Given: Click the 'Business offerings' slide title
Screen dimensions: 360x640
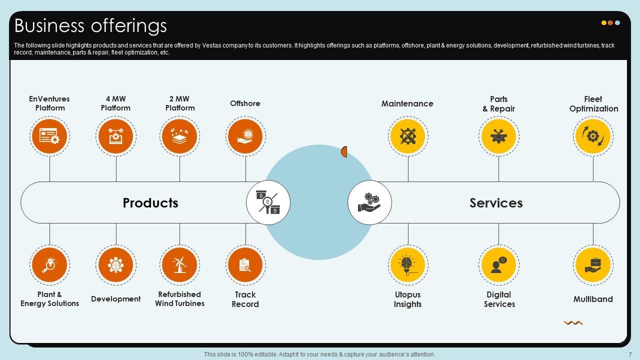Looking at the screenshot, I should tap(90, 25).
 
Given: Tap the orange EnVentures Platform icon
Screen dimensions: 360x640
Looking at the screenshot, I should tap(49, 136).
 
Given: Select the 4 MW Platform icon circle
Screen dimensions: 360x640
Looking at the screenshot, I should tap(115, 136).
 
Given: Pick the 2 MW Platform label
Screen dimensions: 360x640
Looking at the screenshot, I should tap(180, 103).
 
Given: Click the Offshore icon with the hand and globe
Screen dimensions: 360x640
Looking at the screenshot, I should tap(245, 136).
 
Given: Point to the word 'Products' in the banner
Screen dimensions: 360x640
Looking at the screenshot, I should tap(150, 203).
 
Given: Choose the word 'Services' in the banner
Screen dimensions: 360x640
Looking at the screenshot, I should tap(496, 203).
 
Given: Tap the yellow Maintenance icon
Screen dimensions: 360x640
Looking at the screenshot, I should tap(408, 136).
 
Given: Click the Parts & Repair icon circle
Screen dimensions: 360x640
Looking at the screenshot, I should tap(498, 136).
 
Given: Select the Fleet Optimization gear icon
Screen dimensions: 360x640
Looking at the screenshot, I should tap(593, 136).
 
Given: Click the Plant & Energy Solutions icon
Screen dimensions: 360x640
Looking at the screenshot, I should tap(49, 264).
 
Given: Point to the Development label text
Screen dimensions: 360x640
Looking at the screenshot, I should tap(115, 299).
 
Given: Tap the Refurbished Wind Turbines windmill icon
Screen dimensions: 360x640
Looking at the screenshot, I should tap(179, 264).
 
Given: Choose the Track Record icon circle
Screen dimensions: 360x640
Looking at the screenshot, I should tap(245, 264).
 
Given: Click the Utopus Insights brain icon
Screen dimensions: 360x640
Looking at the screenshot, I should tap(408, 264).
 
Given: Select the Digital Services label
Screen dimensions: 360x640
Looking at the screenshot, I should tap(499, 299).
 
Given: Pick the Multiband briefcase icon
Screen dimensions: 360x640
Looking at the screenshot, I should tap(593, 264).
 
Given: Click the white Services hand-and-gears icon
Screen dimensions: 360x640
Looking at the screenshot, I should tap(369, 202).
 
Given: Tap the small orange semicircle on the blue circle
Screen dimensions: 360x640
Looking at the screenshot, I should tap(344, 151).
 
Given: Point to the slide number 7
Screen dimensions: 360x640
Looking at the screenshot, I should tap(630, 354).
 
